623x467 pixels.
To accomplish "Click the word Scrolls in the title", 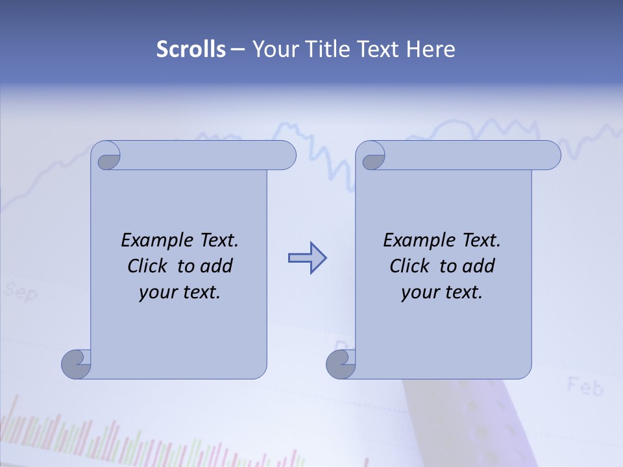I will point(191,49).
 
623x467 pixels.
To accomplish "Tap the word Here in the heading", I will point(430,49).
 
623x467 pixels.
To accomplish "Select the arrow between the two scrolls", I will point(307,258).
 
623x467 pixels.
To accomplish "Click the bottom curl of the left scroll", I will point(76,364).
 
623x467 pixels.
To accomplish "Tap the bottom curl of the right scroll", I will point(341,364).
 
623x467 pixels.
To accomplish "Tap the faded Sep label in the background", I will point(21,292).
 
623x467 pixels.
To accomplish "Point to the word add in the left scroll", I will point(217,266).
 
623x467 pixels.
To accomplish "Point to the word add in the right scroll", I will point(479,266).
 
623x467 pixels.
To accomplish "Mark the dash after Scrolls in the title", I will point(238,49).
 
